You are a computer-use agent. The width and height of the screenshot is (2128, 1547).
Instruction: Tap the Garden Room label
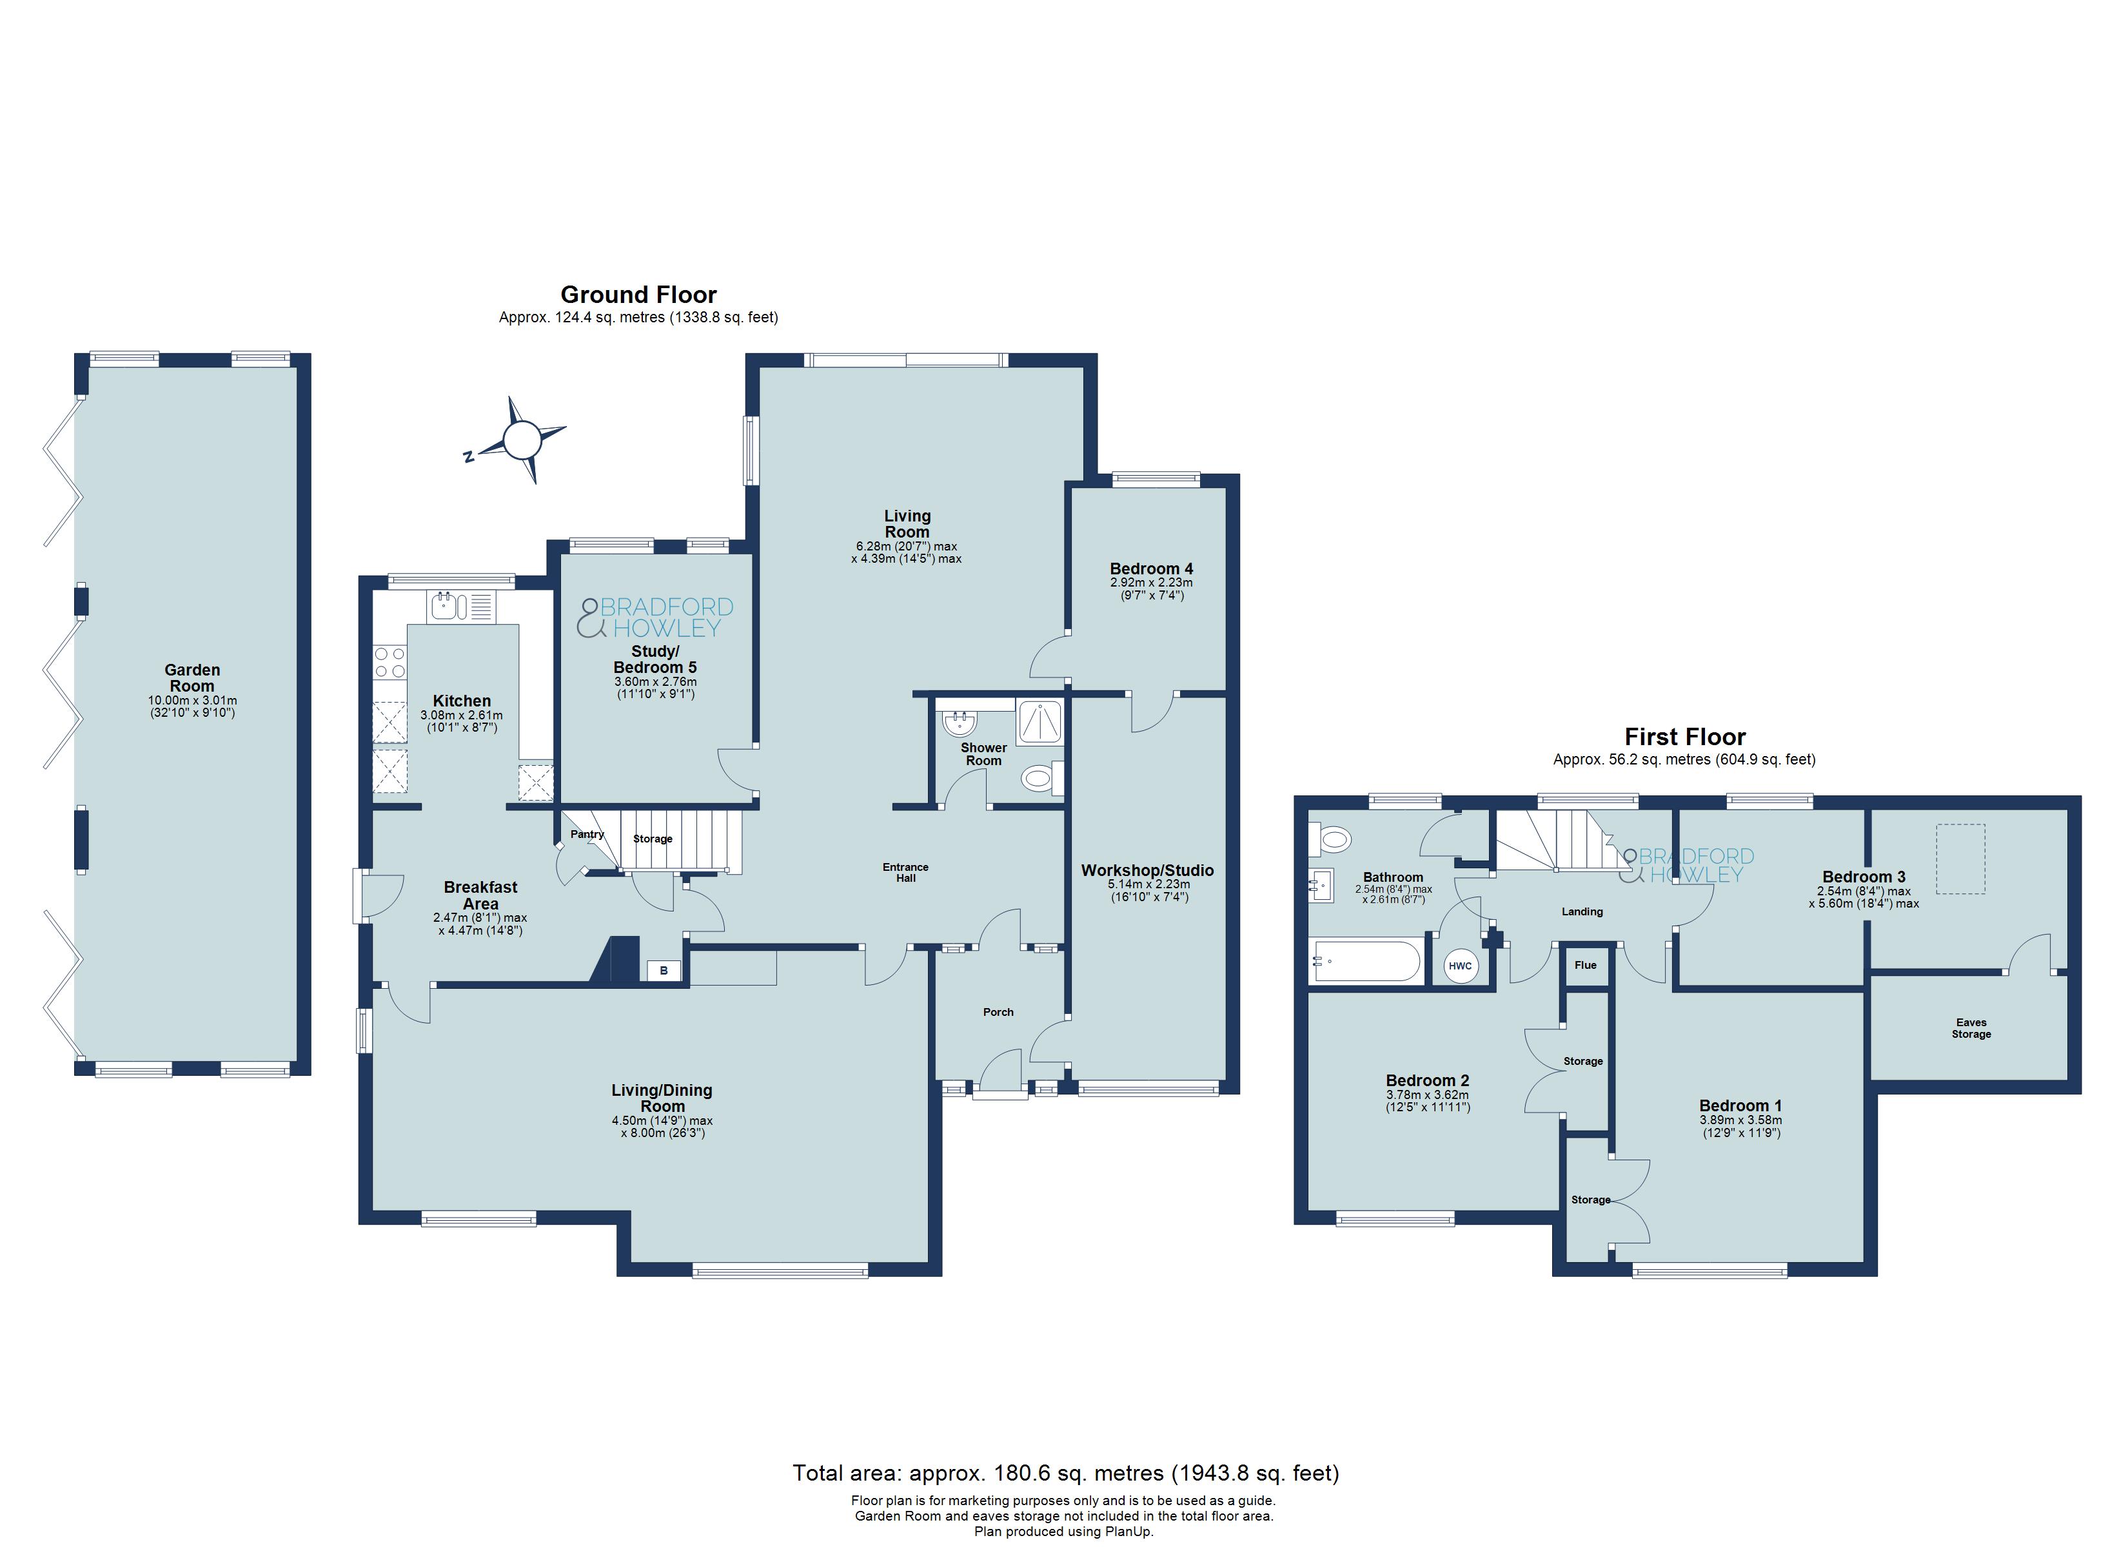point(192,678)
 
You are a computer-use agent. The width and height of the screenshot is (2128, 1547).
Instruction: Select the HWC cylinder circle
point(1460,966)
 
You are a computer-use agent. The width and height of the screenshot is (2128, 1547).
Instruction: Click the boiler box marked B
point(664,971)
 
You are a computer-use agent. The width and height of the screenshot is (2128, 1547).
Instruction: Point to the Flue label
point(1586,966)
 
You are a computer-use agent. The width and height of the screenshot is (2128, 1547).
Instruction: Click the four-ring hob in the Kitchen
point(390,663)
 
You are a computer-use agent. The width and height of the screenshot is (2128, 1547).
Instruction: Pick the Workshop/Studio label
point(1147,871)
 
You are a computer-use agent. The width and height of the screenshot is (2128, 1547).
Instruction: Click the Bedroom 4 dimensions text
point(1151,589)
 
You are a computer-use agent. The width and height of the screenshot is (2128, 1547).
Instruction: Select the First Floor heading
point(1685,737)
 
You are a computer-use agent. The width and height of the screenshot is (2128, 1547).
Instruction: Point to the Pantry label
point(587,834)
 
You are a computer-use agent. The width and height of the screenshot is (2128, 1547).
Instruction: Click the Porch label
point(998,1012)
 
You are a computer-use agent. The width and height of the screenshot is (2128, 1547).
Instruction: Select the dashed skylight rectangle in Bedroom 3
point(1962,859)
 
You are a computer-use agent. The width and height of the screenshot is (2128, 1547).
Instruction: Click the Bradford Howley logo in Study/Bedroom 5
point(656,618)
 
